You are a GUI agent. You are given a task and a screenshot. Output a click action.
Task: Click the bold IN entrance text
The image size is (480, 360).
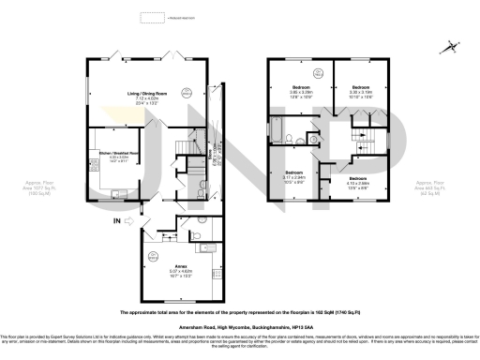[115, 221]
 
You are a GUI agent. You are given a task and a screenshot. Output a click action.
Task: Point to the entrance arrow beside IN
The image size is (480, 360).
[130, 221]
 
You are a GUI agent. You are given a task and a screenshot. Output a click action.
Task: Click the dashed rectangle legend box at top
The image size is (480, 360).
[151, 17]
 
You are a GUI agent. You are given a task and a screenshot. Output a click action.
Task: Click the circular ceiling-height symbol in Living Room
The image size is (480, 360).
[187, 92]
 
